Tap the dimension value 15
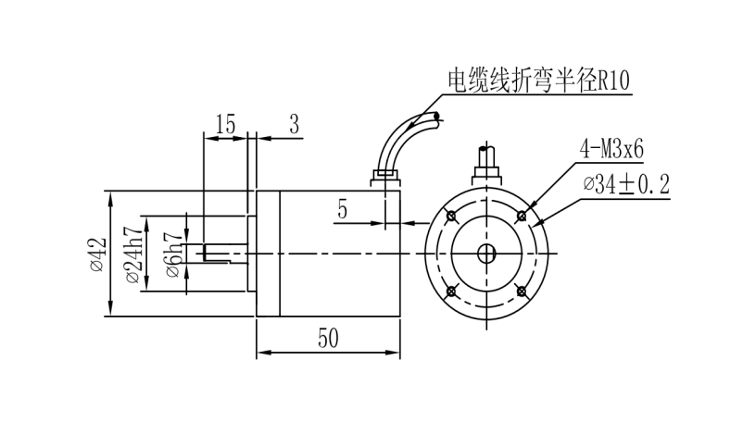point(225,125)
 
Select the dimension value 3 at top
point(294,125)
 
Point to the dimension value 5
point(342,210)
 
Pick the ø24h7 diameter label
point(132,254)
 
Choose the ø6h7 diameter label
point(172,253)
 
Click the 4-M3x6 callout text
point(612,148)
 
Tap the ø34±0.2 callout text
point(626,184)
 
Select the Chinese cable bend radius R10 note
point(538,81)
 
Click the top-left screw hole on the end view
point(451,217)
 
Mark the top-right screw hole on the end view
point(522,217)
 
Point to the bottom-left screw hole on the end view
point(451,292)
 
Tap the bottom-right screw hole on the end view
point(522,292)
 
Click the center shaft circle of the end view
point(486,254)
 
